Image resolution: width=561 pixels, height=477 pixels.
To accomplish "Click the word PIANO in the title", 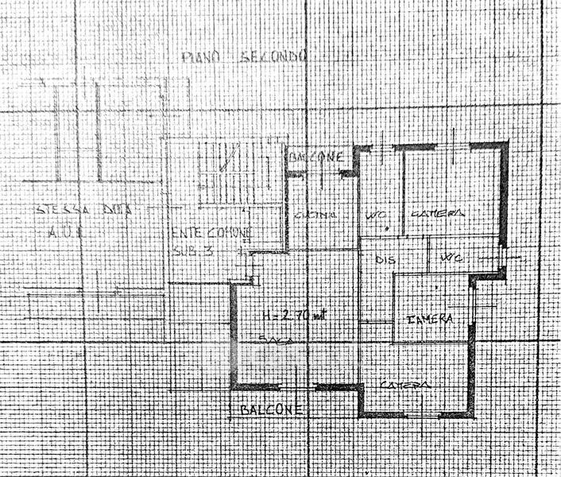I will tap(201, 57).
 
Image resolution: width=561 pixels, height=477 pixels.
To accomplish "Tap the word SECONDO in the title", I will tap(273, 57).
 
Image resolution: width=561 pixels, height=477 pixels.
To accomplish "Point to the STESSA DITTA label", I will tap(83, 211).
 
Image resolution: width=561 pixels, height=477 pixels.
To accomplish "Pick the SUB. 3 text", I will tap(192, 252).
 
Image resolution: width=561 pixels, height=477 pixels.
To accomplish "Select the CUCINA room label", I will tap(315, 215).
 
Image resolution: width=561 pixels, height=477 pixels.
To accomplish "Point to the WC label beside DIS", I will tap(451, 258).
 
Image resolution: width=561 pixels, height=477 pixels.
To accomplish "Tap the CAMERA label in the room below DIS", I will tap(430, 318).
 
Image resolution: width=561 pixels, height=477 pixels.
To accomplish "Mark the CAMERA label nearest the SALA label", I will tap(405, 385).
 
